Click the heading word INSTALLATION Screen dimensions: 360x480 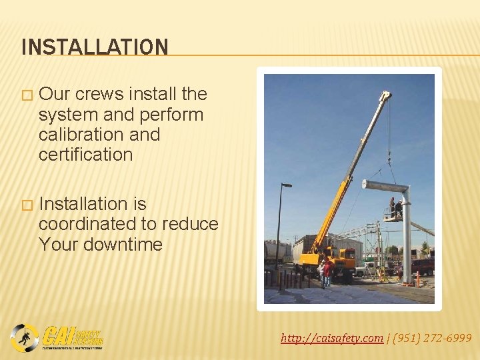(x=95, y=47)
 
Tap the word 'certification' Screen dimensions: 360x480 (x=85, y=155)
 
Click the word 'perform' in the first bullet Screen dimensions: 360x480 (x=173, y=115)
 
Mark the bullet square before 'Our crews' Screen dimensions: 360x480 (x=26, y=95)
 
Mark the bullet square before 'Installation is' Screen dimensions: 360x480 (x=26, y=204)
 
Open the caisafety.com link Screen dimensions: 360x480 (x=332, y=339)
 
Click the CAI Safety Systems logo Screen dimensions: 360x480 (x=57, y=337)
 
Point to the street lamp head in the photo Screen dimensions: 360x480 (x=287, y=185)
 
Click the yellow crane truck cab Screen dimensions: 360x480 (x=346, y=257)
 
